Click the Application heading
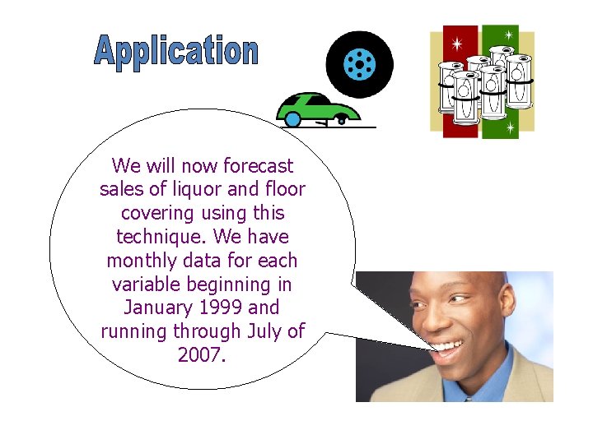click(x=176, y=51)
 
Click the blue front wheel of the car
click(x=292, y=119)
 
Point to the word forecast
click(x=259, y=166)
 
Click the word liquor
click(x=196, y=190)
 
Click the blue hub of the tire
click(x=359, y=63)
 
